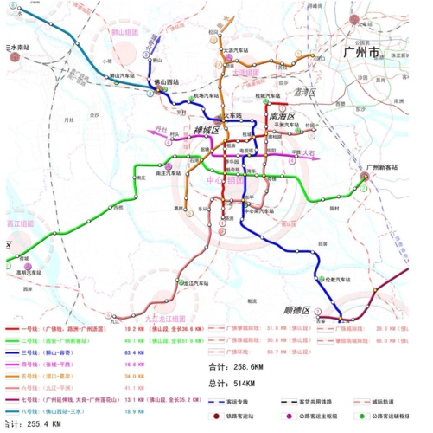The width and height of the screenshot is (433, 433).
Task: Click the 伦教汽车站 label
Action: [x=334, y=280]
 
